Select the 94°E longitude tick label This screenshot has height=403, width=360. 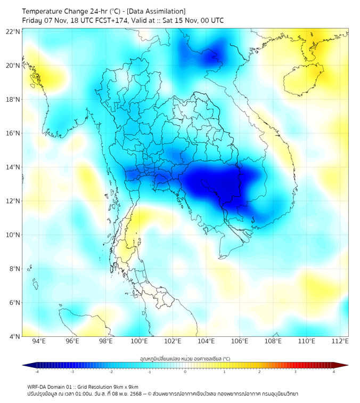coord(39,342)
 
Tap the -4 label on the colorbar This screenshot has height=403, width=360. coord(36,372)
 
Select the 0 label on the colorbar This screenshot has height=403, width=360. coord(185,372)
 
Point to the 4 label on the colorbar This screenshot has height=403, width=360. coord(334,372)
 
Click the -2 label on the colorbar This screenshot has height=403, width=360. coord(111,372)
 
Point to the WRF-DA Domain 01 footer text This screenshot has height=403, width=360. coord(53,387)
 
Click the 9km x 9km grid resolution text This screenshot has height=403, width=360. coord(124,387)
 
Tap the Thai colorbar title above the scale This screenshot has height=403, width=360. coord(185,359)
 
